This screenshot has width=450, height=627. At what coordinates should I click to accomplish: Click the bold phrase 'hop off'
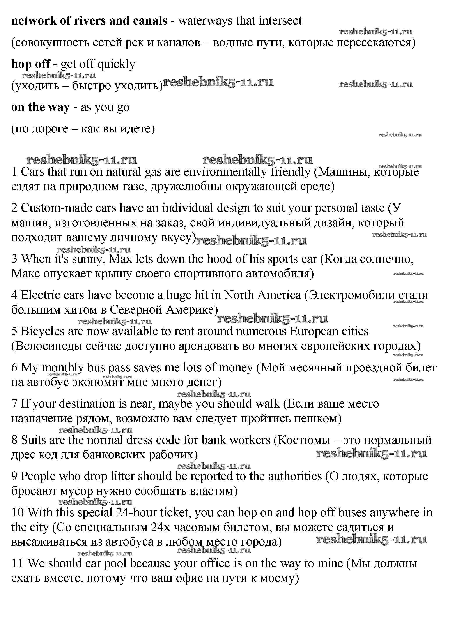click(30, 64)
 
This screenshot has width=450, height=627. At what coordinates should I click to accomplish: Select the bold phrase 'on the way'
click(40, 107)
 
